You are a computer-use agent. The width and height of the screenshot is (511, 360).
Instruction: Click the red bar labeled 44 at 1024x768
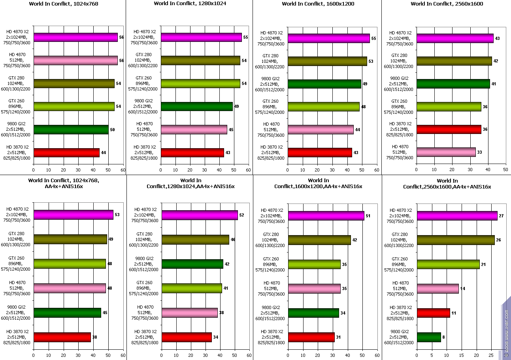tap(66, 153)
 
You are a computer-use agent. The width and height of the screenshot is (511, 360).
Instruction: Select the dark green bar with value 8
tap(429, 337)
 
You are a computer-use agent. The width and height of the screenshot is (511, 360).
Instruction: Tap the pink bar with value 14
tap(438, 288)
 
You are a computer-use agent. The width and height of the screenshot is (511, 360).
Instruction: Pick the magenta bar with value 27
tap(457, 216)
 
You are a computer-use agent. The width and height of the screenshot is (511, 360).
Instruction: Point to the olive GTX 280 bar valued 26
tap(456, 240)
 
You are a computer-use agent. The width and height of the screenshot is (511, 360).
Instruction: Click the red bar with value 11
tap(434, 313)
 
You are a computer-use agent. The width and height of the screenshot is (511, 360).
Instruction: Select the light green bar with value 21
tap(448, 264)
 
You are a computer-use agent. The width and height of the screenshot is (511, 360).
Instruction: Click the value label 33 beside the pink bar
tap(480, 152)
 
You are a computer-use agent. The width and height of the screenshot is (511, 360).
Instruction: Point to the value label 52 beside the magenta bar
tap(241, 215)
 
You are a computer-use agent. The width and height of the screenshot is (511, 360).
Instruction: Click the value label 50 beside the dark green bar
tap(112, 130)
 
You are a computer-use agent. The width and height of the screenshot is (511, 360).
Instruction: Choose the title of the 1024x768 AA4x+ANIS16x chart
tap(63, 183)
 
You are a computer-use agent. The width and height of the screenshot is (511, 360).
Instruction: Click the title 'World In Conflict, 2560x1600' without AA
tap(447, 4)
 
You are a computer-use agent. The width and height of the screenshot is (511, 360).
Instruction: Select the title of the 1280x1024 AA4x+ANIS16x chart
tap(190, 183)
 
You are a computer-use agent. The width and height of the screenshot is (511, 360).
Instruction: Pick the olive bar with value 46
tap(195, 240)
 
